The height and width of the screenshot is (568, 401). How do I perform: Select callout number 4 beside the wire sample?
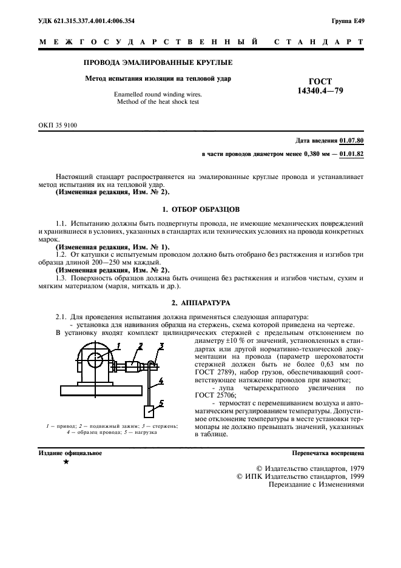pos(160,382)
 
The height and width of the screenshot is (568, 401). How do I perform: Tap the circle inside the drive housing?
pos(95,360)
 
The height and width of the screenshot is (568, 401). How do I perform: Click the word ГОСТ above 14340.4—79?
pos(321,81)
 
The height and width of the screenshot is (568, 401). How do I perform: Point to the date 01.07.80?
pos(352,140)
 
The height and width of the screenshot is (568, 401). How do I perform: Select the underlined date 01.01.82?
pos(352,154)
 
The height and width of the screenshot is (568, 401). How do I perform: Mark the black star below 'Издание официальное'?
pos(66,462)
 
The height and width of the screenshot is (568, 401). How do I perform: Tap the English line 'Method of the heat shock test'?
pos(158,102)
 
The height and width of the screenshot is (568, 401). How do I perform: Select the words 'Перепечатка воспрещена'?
pos(328,453)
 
